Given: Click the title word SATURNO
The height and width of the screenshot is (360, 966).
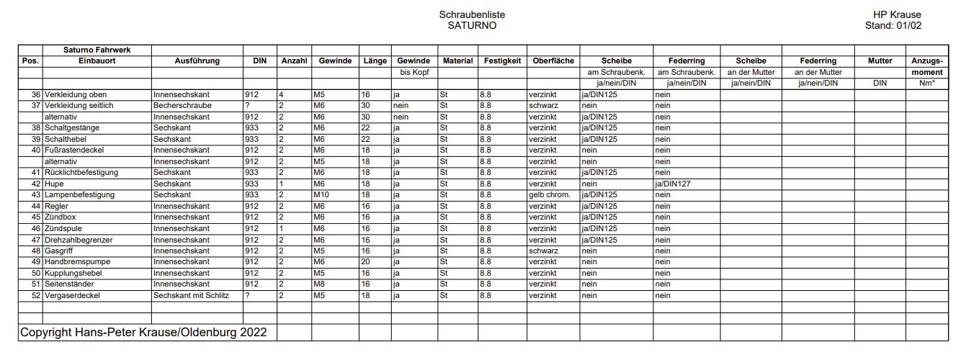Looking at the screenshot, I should click(472, 25).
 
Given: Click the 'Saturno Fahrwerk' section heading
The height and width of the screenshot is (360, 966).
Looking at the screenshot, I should click(97, 50).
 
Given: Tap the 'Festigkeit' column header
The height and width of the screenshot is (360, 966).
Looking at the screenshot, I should click(502, 61).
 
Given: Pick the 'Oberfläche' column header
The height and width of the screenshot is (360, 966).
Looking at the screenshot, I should click(553, 61).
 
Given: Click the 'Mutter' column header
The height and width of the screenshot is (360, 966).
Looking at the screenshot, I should click(880, 61).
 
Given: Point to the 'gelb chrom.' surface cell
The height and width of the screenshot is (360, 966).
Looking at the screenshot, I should click(550, 195).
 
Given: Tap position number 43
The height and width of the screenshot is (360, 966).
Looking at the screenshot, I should click(36, 195).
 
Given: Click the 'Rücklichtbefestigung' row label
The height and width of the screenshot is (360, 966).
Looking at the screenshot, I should click(81, 173).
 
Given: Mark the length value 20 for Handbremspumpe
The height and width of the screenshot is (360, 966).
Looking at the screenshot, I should click(365, 262).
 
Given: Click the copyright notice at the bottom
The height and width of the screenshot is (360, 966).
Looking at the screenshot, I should click(143, 333).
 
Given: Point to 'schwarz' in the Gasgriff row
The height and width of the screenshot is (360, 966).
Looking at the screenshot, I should click(543, 251).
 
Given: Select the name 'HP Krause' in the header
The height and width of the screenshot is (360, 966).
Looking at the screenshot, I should click(897, 14).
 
